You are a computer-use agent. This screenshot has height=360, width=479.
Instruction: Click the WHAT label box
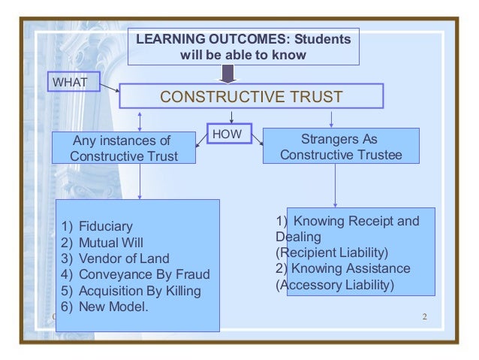click(x=72, y=81)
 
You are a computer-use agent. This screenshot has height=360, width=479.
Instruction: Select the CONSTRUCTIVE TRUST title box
click(x=252, y=97)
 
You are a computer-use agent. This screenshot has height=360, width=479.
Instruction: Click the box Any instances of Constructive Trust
click(x=124, y=148)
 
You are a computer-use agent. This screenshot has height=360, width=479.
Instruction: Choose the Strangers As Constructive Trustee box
click(x=340, y=147)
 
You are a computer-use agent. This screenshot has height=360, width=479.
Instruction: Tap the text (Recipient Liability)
click(x=331, y=252)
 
